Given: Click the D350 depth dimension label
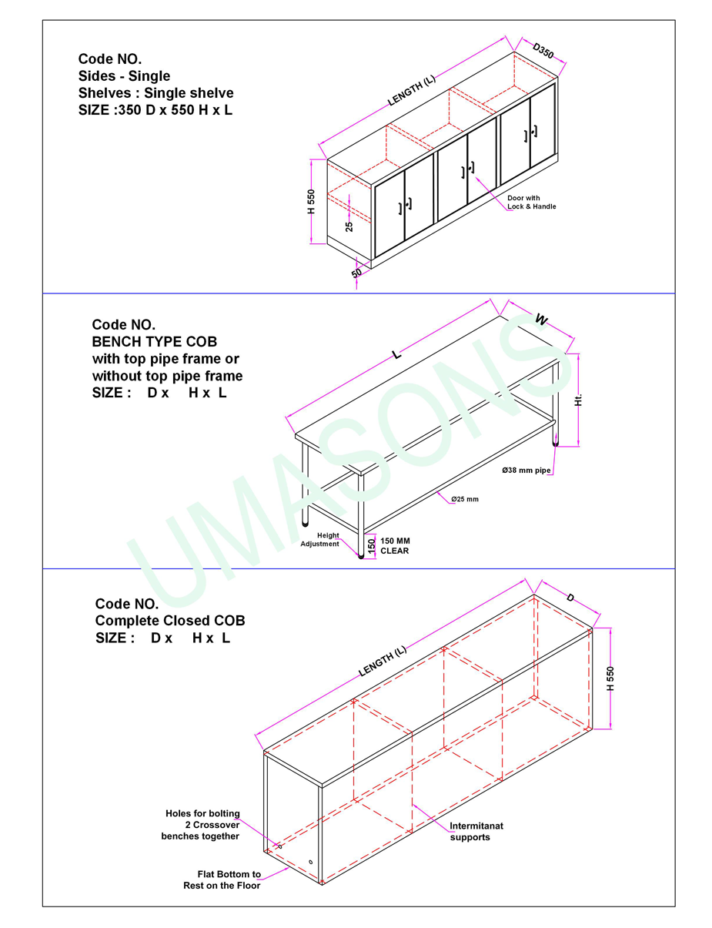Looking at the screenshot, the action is (543, 50).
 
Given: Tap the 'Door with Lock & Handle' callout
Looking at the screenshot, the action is (531, 202).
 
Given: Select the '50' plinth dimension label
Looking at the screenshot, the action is (356, 272).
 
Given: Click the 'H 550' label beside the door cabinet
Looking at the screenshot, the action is (311, 202).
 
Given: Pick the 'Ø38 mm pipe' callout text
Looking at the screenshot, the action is (526, 471).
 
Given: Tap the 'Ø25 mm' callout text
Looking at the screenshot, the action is (465, 499).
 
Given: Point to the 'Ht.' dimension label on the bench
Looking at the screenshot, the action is (578, 400).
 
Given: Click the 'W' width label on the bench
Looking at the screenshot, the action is (541, 320).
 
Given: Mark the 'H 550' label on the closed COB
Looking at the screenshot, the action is (610, 678).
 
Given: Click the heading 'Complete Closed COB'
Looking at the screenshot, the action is (170, 621).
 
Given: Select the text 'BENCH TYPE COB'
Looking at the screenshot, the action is (155, 342).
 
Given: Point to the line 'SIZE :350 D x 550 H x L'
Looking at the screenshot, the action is (155, 110).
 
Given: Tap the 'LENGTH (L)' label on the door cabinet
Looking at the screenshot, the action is (412, 90).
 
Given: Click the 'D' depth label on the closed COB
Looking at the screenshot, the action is (570, 598).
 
